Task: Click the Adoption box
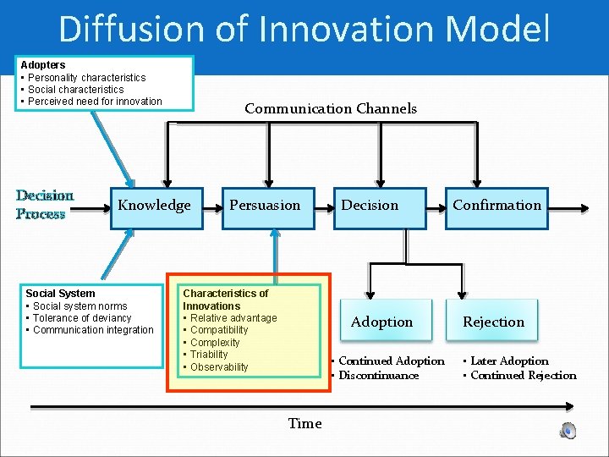click(x=382, y=322)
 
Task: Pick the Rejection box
click(x=494, y=322)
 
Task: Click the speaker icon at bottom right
click(x=568, y=430)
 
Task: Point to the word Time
click(x=304, y=423)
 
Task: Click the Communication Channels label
click(x=331, y=108)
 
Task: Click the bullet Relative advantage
click(x=233, y=318)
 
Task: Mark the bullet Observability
click(x=219, y=367)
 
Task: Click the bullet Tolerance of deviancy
click(x=82, y=318)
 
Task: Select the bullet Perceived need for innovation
click(x=95, y=102)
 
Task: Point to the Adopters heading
click(x=43, y=65)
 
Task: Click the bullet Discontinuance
click(x=378, y=376)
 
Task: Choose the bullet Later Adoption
click(x=509, y=361)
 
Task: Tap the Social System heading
click(x=60, y=294)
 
